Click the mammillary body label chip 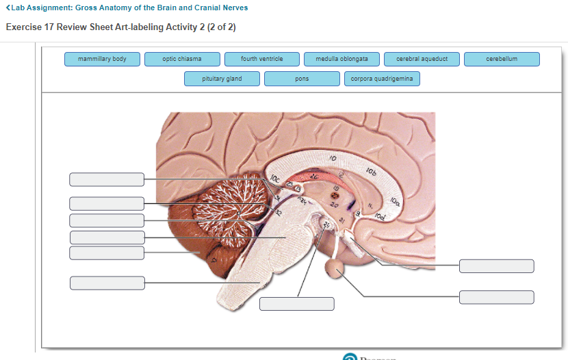point(103,59)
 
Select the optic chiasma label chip point(182,59)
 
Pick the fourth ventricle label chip point(262,59)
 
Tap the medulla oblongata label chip point(342,59)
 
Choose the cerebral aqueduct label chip point(422,59)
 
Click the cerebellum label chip point(502,59)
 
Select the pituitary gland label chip point(222,79)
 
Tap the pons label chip point(302,79)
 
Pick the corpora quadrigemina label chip point(382,79)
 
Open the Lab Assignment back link point(127,8)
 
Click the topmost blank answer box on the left point(107,179)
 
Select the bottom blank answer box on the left point(107,283)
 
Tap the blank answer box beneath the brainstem point(297,304)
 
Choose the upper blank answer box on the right point(497,266)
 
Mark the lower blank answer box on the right point(497,297)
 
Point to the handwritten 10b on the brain point(370,168)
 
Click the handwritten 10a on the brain point(395,201)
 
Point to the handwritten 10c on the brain point(275,181)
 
